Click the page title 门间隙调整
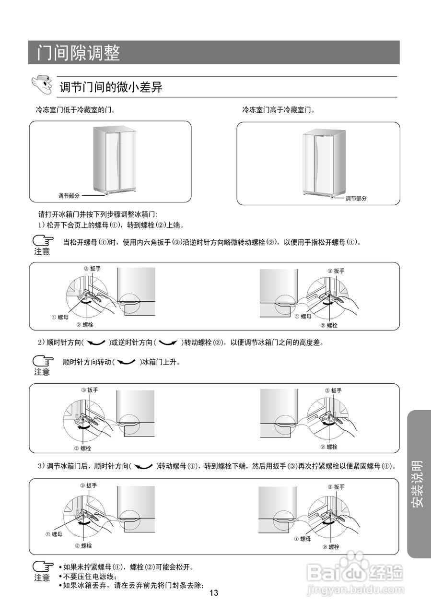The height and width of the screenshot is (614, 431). pyautogui.click(x=79, y=53)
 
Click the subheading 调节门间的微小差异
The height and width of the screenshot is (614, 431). pyautogui.click(x=111, y=87)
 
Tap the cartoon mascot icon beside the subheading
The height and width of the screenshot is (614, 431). pyautogui.click(x=42, y=84)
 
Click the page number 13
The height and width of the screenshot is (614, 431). pyautogui.click(x=214, y=593)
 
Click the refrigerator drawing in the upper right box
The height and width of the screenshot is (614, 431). pyautogui.click(x=324, y=163)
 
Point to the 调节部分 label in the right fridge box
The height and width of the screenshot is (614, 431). pyautogui.click(x=356, y=198)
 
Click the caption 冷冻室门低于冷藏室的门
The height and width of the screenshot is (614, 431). pyautogui.click(x=75, y=110)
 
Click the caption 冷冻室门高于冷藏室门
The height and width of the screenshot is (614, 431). pyautogui.click(x=278, y=110)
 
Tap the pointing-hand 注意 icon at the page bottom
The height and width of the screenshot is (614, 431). pyautogui.click(x=42, y=570)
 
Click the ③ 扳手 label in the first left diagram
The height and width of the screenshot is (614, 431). pyautogui.click(x=92, y=269)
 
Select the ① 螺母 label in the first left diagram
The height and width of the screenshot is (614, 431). pyautogui.click(x=60, y=317)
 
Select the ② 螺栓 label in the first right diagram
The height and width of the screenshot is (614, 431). pyautogui.click(x=329, y=325)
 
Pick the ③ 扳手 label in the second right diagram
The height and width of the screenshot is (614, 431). pyautogui.click(x=334, y=390)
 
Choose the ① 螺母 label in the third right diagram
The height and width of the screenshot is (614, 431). pyautogui.click(x=303, y=539)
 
